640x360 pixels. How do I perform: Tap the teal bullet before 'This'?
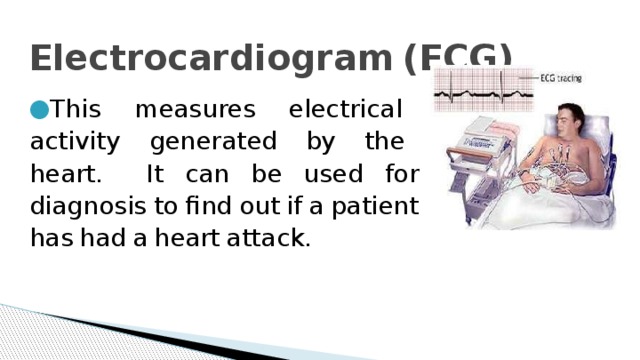click(x=38, y=106)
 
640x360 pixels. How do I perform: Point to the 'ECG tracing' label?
click(x=560, y=78)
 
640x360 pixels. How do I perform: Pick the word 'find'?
click(x=204, y=208)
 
